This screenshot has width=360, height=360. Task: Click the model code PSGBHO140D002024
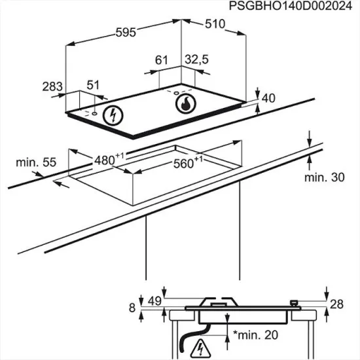point(295,6)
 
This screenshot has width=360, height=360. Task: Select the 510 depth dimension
point(214,24)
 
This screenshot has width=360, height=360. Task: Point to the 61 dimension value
point(162,60)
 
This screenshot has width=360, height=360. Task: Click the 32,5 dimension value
point(196,60)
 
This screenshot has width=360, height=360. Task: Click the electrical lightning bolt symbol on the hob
point(115,116)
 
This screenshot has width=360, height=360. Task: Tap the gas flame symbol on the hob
point(186,103)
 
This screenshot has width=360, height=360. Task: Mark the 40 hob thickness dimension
point(268,98)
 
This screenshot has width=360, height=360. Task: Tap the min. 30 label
point(323,177)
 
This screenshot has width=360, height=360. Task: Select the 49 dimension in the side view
point(154,301)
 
